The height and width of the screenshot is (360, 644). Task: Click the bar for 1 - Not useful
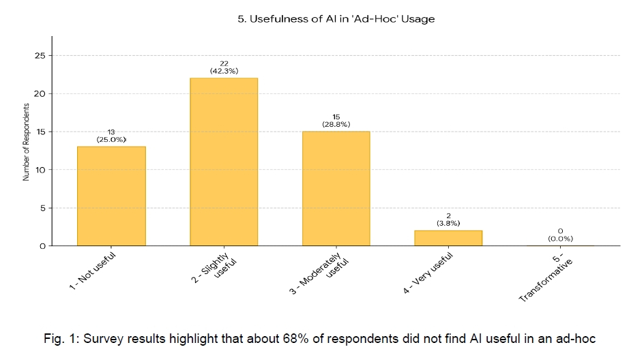click(x=111, y=196)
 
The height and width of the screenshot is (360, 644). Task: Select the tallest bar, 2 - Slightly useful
click(x=224, y=162)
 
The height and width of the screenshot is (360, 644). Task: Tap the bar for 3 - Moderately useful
click(x=336, y=188)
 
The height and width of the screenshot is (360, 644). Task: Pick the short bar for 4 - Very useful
click(x=448, y=238)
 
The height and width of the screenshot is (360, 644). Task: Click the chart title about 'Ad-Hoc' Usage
click(x=336, y=19)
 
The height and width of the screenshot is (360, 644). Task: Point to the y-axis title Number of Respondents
click(x=26, y=142)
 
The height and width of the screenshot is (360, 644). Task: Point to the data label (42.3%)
click(x=224, y=71)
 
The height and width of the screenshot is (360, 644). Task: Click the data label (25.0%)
click(x=111, y=140)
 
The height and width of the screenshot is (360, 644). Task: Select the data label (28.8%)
click(x=336, y=125)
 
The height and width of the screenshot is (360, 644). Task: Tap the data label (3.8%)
click(x=448, y=223)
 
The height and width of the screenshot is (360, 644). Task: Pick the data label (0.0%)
click(x=560, y=239)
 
